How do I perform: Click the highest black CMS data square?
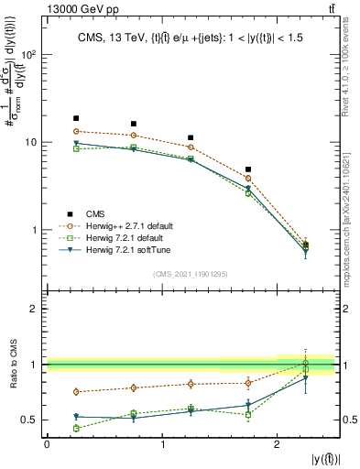tap(76, 118)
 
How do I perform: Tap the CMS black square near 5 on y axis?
tap(248, 169)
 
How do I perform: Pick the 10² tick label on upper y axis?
tap(31, 55)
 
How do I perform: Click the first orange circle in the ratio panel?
tap(76, 391)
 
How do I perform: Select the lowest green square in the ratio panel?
tap(76, 428)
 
